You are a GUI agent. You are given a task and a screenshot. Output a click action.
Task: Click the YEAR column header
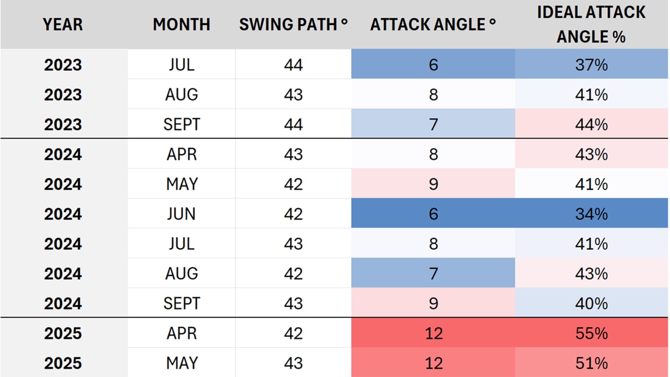tap(63, 24)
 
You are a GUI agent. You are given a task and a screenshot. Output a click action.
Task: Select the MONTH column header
tap(181, 24)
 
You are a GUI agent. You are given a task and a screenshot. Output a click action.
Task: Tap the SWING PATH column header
tap(293, 24)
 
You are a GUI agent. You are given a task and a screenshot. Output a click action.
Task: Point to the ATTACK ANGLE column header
tap(433, 24)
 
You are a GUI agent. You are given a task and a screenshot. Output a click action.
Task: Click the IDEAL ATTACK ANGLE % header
tap(591, 24)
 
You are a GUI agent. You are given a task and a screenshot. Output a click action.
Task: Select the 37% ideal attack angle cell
tap(591, 65)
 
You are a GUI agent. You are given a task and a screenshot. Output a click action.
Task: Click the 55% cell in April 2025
tap(591, 333)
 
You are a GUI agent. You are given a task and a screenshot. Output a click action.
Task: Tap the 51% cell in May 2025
tap(591, 363)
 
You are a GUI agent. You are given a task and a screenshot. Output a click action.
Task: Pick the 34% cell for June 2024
tap(591, 214)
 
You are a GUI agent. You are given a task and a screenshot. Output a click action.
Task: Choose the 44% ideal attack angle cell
tap(591, 124)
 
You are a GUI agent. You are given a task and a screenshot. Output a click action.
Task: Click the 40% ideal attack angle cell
tap(591, 303)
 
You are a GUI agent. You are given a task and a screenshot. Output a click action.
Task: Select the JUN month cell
tap(181, 214)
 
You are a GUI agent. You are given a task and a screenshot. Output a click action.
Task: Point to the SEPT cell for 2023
tap(181, 124)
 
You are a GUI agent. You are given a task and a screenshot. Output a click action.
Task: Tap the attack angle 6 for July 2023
tap(433, 65)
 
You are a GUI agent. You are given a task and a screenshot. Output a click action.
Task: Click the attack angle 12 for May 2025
tap(433, 363)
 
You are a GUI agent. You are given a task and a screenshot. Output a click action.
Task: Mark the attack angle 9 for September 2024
tap(433, 303)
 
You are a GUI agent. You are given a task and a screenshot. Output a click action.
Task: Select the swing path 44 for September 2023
tap(293, 124)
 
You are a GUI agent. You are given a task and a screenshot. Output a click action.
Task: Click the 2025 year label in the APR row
tap(63, 333)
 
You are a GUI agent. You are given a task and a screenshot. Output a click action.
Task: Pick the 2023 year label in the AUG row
tap(63, 95)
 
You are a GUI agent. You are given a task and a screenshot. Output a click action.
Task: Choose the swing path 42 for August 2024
tap(293, 274)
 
